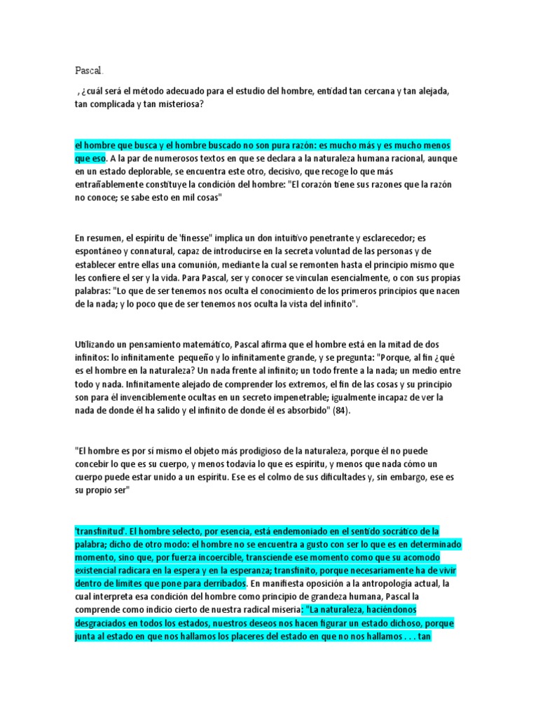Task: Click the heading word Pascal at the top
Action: [x=89, y=71]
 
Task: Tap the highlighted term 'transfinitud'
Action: [x=100, y=531]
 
